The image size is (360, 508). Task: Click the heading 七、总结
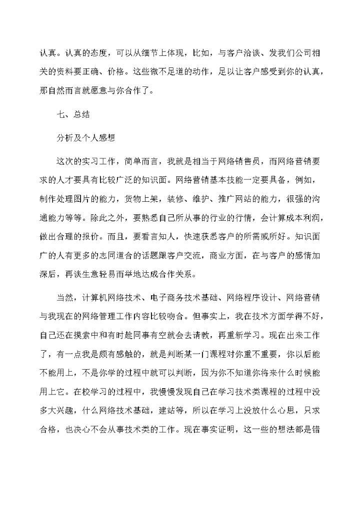point(73,114)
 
